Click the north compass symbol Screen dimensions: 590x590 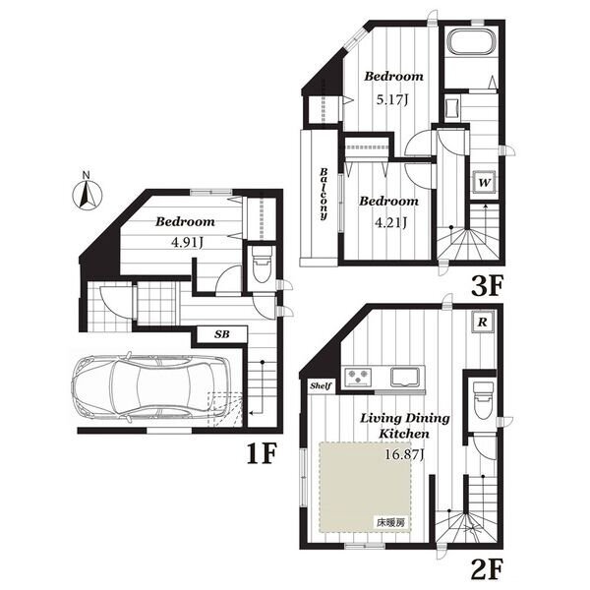[x=87, y=194]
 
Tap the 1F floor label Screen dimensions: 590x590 [x=263, y=453]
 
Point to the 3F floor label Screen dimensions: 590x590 [x=488, y=286]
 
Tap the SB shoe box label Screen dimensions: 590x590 [x=222, y=333]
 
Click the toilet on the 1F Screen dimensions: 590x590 [x=262, y=265]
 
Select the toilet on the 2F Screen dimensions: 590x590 [x=483, y=400]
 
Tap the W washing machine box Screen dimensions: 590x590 [x=484, y=182]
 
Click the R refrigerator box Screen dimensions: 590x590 [x=483, y=322]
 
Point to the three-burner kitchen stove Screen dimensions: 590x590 [x=359, y=377]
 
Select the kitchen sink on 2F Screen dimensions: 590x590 [x=405, y=377]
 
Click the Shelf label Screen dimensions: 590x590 [x=321, y=385]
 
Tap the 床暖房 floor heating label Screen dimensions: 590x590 [x=391, y=522]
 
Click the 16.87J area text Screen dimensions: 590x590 [x=404, y=455]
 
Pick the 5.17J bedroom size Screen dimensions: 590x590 [x=392, y=100]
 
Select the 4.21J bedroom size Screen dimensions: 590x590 [x=391, y=223]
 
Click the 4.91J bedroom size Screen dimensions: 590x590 [x=187, y=243]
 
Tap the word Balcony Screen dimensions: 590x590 [x=324, y=194]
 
